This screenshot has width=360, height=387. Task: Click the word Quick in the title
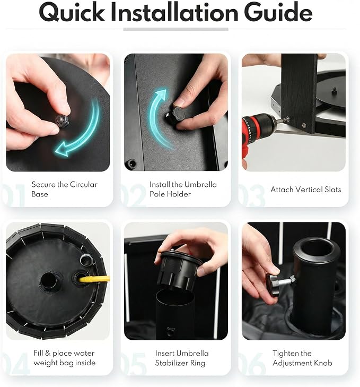(72, 12)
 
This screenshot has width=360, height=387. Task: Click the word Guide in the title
(278, 12)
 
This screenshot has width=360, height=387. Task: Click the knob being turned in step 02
(176, 114)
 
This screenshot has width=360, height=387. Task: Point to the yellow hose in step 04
(94, 279)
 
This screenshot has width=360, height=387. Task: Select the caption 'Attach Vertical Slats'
(306, 190)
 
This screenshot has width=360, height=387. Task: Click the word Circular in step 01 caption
(84, 184)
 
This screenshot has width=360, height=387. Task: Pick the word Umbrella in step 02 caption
(200, 184)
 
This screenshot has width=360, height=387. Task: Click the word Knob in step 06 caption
(323, 363)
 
